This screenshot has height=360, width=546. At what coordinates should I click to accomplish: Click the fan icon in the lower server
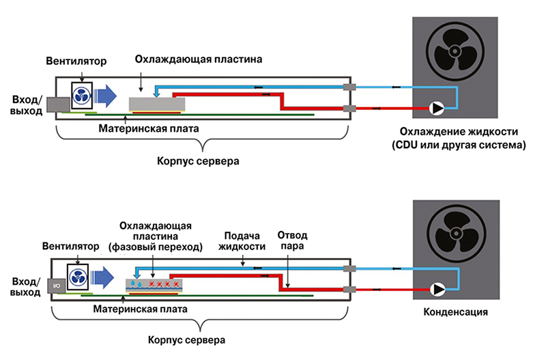[78, 277]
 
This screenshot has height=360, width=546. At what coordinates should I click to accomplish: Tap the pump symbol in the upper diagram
[435, 108]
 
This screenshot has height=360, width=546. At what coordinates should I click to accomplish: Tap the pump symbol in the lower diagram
[435, 289]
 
